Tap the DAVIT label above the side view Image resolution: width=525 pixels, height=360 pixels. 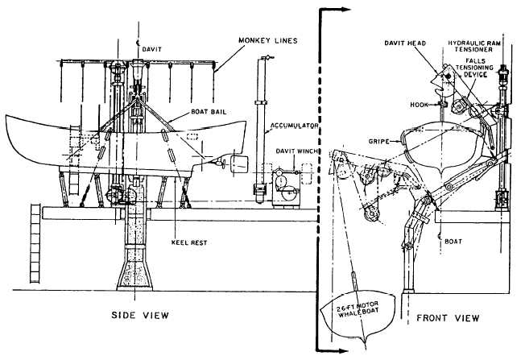coord(151,48)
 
